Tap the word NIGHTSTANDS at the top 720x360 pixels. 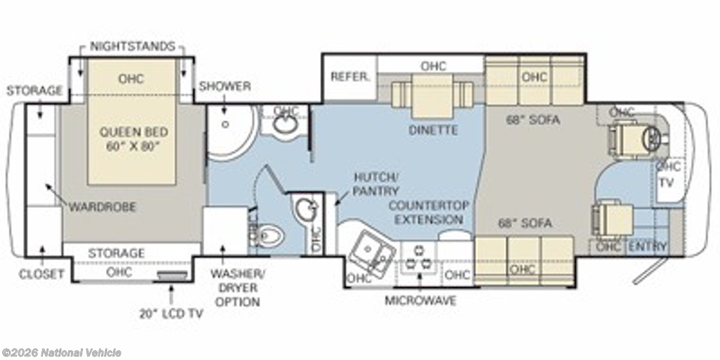coord(132,46)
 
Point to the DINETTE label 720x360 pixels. coord(433,130)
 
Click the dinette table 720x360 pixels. coord(432,96)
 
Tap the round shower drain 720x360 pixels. coord(226,124)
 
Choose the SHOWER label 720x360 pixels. coord(224,86)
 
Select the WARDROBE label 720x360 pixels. coord(103,207)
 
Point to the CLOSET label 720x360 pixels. coord(41,275)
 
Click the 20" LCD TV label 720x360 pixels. coord(172,314)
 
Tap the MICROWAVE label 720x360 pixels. coord(420,301)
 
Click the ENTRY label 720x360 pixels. coord(648,247)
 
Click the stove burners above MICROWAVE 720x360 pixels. coord(419,258)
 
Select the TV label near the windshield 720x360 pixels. coord(667,183)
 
